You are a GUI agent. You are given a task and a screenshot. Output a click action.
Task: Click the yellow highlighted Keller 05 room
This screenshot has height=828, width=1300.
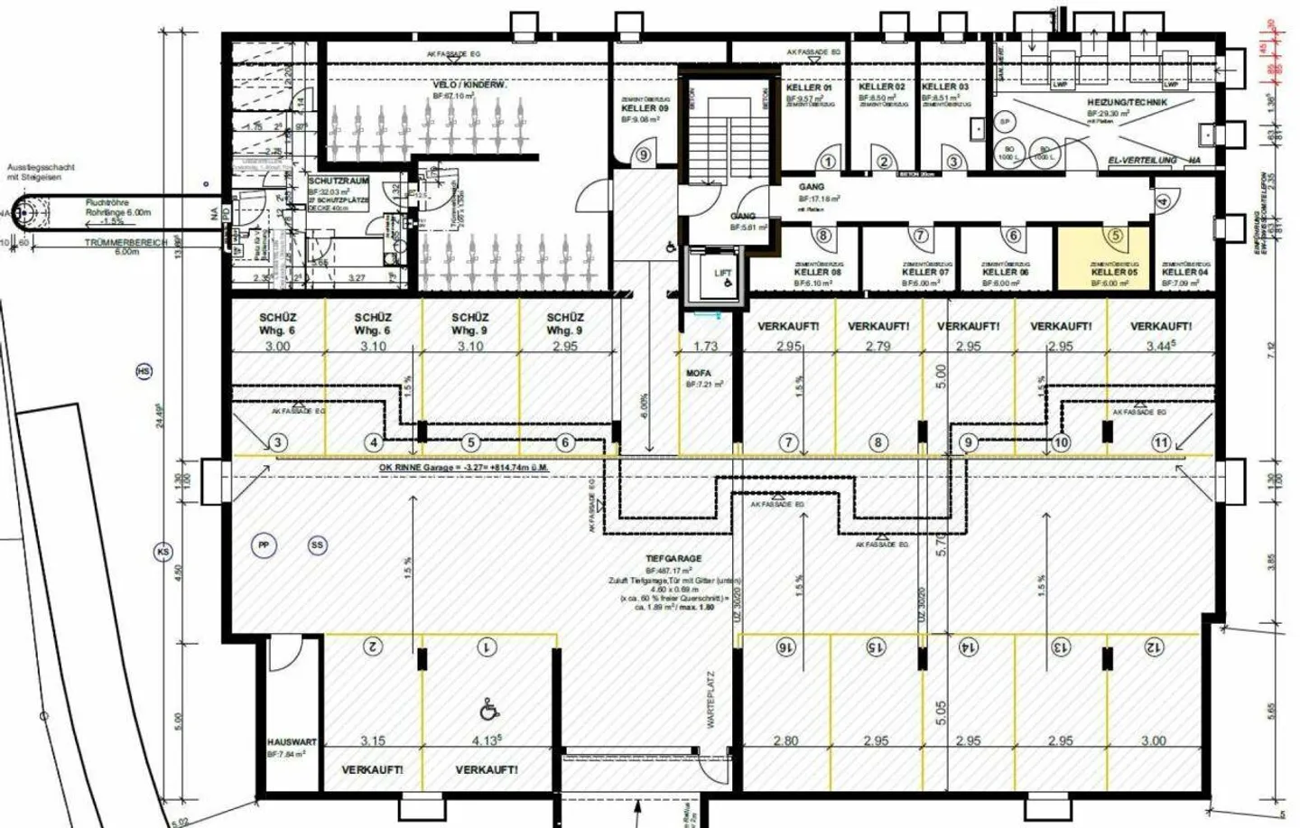[x=1103, y=258]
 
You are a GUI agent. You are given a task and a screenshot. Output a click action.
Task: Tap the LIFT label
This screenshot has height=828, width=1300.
[x=722, y=272]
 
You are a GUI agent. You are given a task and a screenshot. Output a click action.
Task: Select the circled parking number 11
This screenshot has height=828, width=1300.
[x=1162, y=442]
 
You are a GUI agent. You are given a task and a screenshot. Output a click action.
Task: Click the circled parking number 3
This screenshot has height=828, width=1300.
[x=278, y=442]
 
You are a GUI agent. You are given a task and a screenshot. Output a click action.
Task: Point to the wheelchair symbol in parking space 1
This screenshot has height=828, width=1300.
[x=488, y=711]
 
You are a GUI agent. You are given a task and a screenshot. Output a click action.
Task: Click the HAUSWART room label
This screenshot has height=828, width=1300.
[x=292, y=742]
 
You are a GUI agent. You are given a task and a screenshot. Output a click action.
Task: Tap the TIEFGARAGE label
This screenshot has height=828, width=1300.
[x=673, y=559]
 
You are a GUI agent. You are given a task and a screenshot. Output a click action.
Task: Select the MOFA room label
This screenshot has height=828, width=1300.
[x=698, y=373]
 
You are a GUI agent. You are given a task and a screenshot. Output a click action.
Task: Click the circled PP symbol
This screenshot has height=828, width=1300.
[x=264, y=545]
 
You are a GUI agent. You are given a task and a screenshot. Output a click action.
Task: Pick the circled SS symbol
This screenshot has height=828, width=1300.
[x=317, y=545]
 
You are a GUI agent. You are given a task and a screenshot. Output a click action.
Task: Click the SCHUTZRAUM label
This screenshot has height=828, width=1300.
[x=339, y=181]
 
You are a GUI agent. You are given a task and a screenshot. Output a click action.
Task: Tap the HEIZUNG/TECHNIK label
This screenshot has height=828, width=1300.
[x=1127, y=103]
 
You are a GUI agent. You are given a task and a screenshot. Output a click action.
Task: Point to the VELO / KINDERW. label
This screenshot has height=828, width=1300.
[x=469, y=85]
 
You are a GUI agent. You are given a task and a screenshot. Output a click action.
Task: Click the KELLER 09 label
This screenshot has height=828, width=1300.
[x=645, y=108]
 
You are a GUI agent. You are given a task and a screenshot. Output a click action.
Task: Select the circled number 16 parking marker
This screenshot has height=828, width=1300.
[x=785, y=647]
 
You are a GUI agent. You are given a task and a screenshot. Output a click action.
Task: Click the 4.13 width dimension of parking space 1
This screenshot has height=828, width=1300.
[x=487, y=740]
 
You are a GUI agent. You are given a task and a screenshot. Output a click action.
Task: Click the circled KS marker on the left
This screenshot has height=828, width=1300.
[x=163, y=552]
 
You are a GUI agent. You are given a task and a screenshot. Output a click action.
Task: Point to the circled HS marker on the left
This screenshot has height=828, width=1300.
[x=144, y=371]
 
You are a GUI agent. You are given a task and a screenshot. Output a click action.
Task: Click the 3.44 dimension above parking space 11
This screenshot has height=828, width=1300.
[x=1160, y=346]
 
